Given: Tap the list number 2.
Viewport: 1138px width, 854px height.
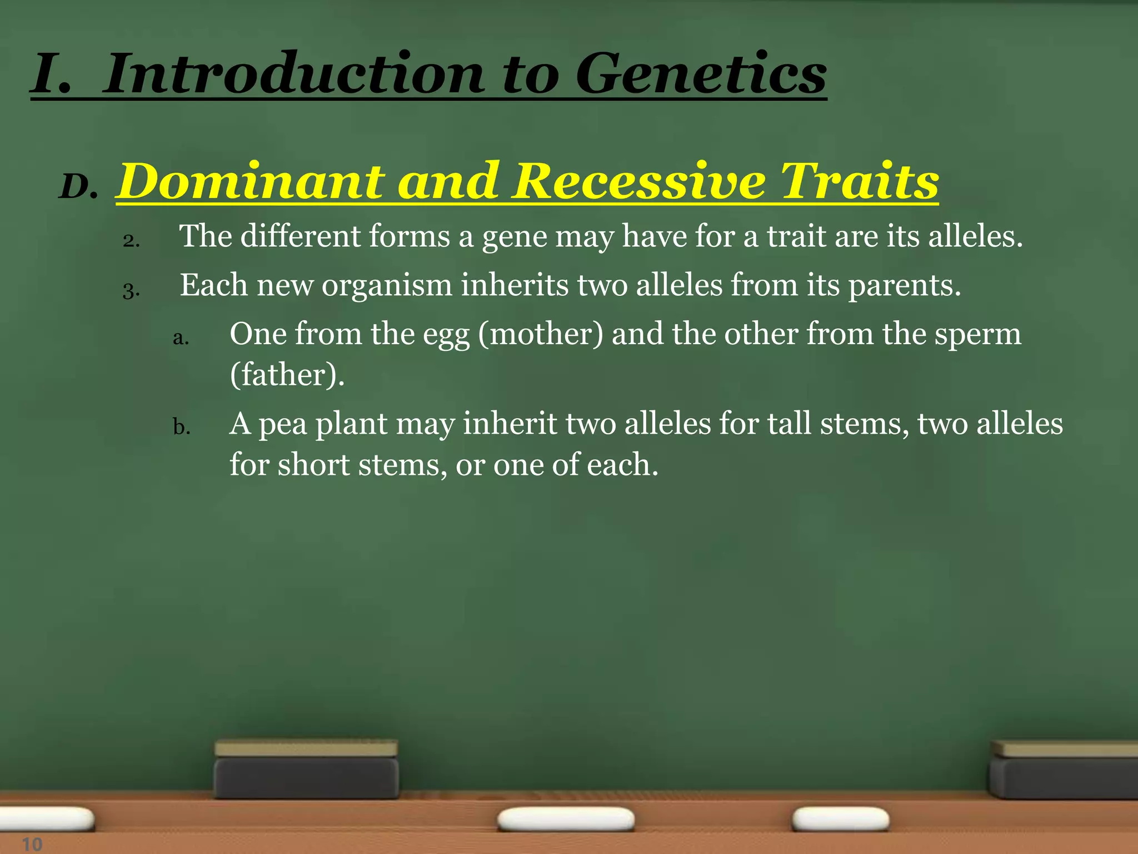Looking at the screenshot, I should pos(131,241).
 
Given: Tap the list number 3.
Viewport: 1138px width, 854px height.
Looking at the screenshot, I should pos(131,290).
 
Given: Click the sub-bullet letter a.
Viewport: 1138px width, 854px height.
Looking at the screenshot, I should pos(181,337).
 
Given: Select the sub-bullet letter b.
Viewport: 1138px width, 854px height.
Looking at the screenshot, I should pos(181,428).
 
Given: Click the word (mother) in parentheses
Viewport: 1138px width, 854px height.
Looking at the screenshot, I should pos(540,335).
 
